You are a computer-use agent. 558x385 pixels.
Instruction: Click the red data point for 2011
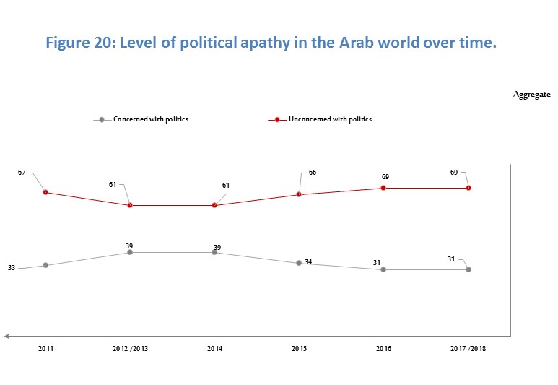45,192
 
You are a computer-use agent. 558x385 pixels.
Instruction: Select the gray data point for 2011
45,265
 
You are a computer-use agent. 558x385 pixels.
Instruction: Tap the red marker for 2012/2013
130,205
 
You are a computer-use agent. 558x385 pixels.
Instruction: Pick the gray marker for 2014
214,252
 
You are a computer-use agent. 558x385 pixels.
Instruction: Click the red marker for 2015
299,194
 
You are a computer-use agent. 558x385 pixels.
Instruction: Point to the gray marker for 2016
383,269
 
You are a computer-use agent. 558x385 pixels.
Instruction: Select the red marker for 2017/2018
468,188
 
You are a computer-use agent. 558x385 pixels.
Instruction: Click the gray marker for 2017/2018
468,269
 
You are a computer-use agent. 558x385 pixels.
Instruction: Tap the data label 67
22,173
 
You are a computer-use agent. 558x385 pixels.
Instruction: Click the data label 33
12,268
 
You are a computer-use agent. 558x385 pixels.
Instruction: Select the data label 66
312,173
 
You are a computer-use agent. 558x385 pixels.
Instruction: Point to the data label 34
308,261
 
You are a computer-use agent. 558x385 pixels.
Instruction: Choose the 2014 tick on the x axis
214,349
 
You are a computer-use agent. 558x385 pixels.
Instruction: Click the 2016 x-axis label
383,349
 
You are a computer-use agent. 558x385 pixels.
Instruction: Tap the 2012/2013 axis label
130,349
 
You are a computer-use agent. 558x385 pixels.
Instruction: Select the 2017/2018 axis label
468,349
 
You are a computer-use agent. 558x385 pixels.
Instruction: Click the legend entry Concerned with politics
150,119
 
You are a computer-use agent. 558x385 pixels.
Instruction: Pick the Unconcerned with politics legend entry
330,119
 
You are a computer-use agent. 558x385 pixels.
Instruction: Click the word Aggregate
532,95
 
